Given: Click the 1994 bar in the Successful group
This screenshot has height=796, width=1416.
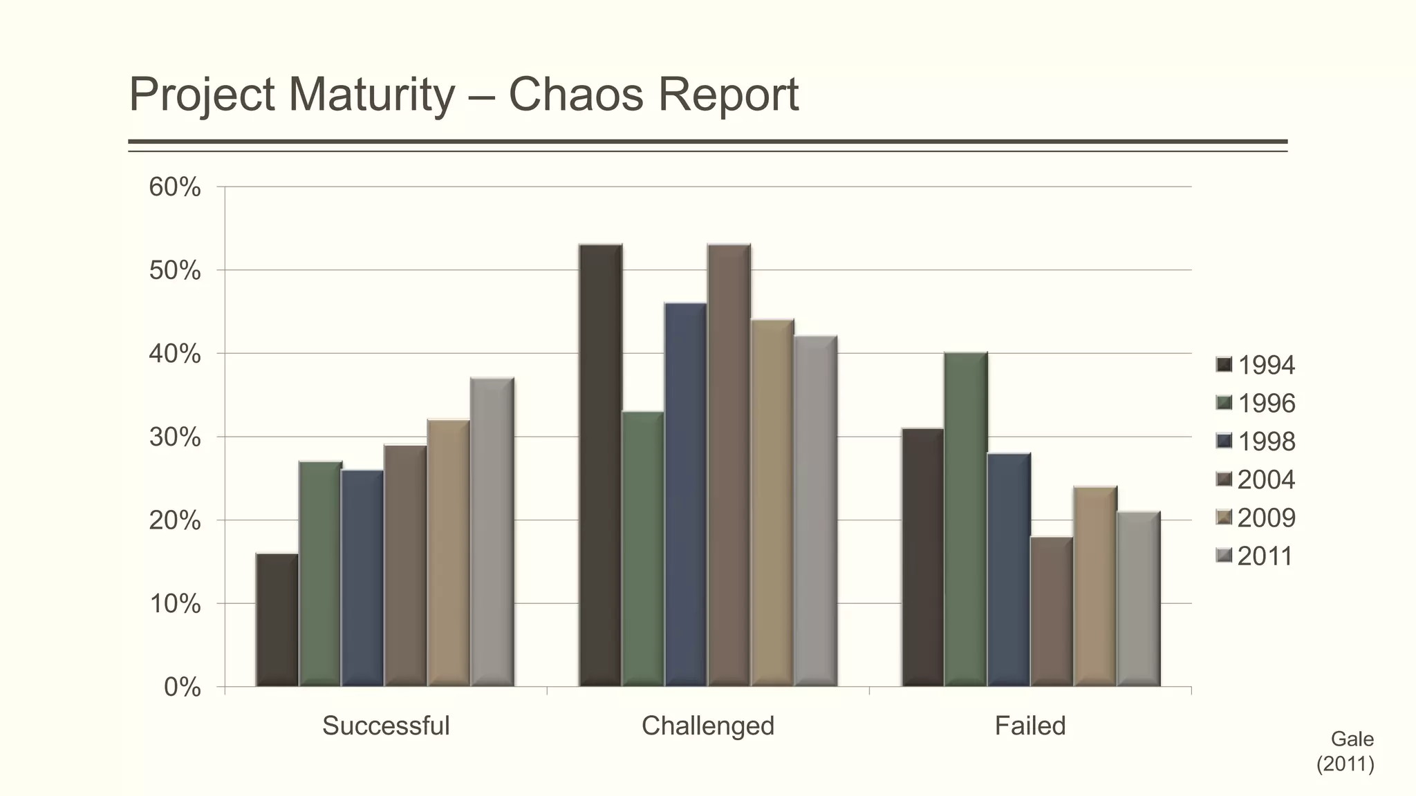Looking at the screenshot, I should click(x=277, y=620).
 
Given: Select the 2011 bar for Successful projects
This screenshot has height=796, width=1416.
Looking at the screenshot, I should click(x=492, y=532).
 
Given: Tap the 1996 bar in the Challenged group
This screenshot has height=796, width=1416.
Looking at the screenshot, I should click(x=643, y=549).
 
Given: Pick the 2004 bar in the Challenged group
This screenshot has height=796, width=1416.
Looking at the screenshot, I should click(x=729, y=465).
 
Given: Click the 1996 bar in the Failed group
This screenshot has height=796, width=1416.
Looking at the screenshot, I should click(x=965, y=520).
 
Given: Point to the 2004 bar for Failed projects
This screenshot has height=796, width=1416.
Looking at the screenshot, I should click(x=1051, y=612).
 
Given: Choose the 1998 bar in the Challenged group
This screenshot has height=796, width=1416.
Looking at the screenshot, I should click(x=686, y=495).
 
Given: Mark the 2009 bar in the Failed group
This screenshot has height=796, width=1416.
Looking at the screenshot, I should click(x=1094, y=586).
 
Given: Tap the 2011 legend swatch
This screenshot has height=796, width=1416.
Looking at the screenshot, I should click(x=1224, y=556).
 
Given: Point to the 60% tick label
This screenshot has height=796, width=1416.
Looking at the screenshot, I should click(x=175, y=187).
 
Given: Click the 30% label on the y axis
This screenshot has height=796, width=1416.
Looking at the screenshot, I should click(x=175, y=437).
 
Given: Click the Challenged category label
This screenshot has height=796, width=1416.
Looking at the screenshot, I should click(x=708, y=726).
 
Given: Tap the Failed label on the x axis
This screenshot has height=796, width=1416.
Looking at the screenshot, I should click(x=1030, y=726).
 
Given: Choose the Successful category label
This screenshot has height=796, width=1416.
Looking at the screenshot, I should click(x=386, y=726).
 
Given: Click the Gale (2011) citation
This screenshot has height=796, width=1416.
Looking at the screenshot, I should click(x=1345, y=752).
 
